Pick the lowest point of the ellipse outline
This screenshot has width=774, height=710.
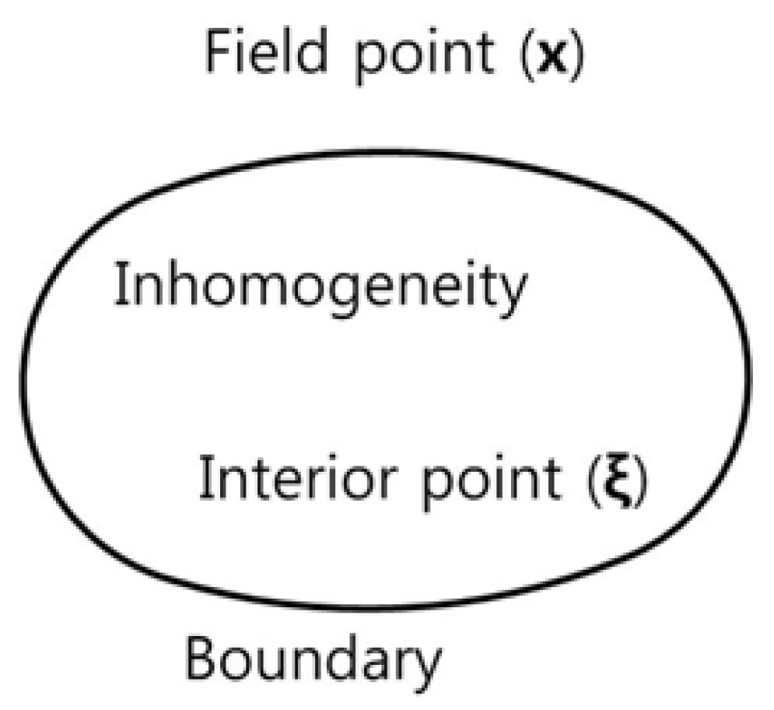389,606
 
